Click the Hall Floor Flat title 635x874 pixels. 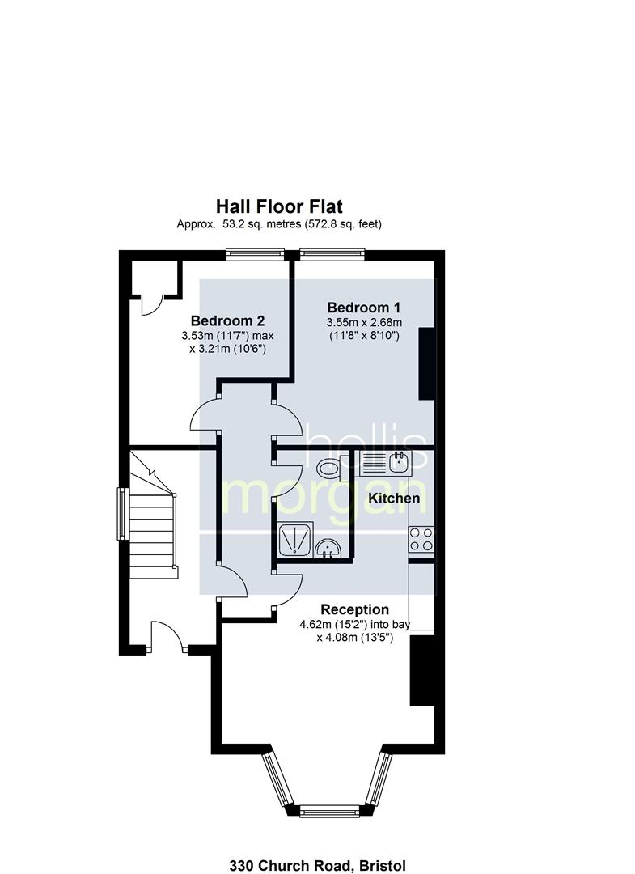279,206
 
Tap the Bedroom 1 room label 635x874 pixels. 364,308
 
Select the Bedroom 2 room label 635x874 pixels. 227,320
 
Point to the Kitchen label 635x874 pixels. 394,498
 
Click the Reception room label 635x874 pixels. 354,609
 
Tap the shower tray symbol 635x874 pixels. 294,540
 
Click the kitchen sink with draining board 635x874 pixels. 384,463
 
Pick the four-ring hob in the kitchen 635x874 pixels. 421,539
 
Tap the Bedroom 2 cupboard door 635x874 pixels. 151,305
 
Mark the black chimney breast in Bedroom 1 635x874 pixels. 426,363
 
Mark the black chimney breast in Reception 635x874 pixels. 422,671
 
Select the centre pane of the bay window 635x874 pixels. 330,811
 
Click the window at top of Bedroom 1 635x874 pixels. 332,254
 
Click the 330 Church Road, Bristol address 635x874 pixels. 317,865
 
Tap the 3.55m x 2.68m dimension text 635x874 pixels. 364,322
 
